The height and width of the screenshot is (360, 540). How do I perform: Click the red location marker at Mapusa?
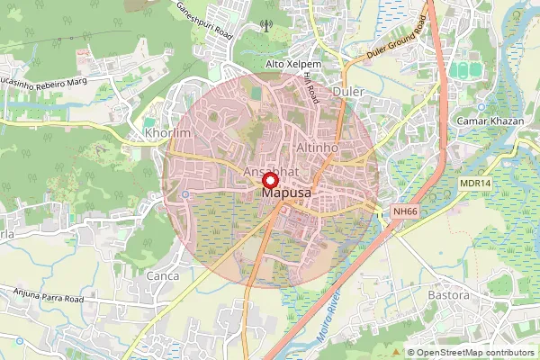269,180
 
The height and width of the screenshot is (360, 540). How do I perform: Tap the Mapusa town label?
286,193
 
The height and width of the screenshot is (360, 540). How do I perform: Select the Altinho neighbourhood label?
316,146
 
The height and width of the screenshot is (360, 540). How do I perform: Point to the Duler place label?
347,92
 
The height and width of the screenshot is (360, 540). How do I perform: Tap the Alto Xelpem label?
293,65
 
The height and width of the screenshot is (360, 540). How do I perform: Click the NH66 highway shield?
406,211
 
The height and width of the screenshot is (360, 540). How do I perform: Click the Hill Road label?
311,86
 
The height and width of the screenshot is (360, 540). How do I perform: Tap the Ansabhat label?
271,169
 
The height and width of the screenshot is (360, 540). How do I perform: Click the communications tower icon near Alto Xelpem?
265,25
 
